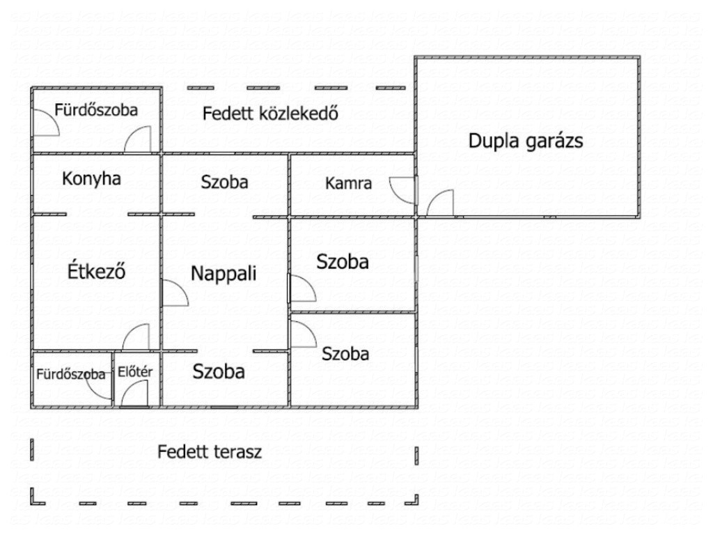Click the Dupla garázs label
point(525,141)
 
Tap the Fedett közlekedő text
point(270,114)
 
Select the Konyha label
point(91,179)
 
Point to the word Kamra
point(348,185)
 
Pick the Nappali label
point(224,273)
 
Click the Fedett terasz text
point(209,452)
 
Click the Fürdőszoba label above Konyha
point(97,109)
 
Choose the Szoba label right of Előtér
point(219,371)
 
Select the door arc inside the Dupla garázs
point(440,203)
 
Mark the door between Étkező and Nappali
point(175,293)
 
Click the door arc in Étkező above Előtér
point(136,337)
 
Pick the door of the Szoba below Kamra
point(303,287)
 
